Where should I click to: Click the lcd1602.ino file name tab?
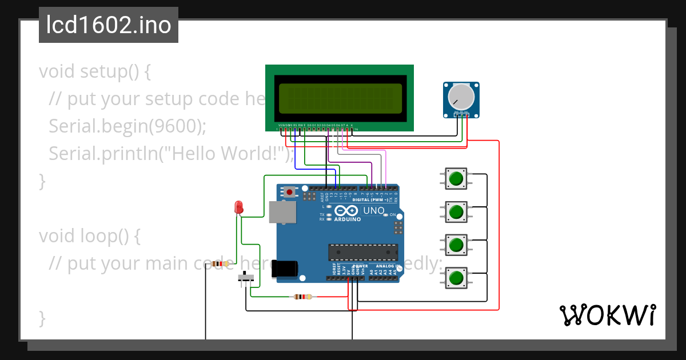click(x=109, y=25)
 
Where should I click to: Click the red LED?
click(x=238, y=207)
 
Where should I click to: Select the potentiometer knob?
click(x=461, y=97)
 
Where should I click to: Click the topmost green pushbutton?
click(x=456, y=179)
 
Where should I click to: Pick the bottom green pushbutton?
click(x=456, y=278)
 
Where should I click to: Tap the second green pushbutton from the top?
click(x=456, y=212)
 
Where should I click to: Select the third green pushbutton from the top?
click(x=456, y=245)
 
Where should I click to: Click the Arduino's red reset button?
click(x=290, y=192)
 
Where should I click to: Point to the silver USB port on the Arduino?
click(x=283, y=212)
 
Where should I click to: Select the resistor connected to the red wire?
click(x=302, y=297)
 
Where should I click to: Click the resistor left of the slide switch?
click(x=220, y=264)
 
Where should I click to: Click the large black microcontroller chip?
click(x=362, y=252)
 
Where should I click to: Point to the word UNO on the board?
click(x=374, y=210)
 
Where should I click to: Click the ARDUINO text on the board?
click(x=348, y=219)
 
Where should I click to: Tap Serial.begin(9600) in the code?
click(x=127, y=126)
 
